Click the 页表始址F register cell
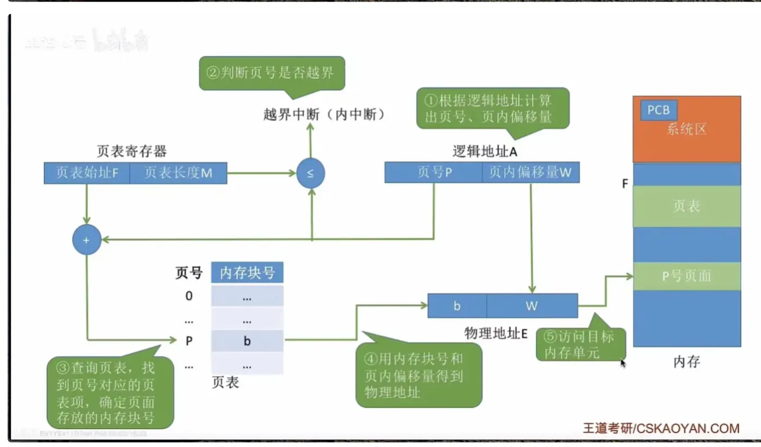[87, 173]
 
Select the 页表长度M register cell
[179, 173]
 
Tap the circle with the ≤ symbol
[311, 174]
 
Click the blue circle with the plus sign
[87, 240]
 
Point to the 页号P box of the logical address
[433, 172]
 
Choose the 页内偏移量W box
[530, 172]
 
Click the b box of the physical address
[457, 306]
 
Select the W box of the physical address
[532, 306]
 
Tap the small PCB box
[658, 110]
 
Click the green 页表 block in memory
[686, 206]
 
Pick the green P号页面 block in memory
[686, 276]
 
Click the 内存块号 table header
[247, 273]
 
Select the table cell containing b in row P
[247, 341]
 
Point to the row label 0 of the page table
[189, 296]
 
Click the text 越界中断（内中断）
[324, 115]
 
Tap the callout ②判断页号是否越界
[272, 72]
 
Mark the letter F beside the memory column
[625, 184]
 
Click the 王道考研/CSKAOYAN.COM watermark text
[661, 428]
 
